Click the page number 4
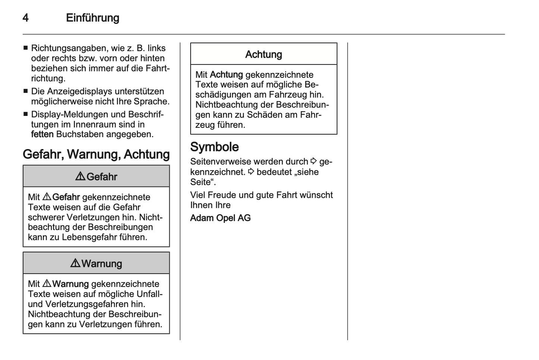(25, 18)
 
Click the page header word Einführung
(93, 18)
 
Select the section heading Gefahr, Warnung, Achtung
(96, 154)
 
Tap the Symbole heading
(214, 147)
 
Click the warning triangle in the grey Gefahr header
(80, 176)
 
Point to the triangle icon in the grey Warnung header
(75, 263)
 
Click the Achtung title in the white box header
(264, 54)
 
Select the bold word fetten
(42, 134)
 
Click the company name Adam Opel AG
(220, 218)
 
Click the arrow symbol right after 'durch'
(314, 161)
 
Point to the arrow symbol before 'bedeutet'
(251, 172)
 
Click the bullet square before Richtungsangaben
(25, 48)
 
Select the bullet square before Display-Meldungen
(25, 114)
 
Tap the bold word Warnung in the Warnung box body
(70, 284)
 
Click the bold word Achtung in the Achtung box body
(226, 75)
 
